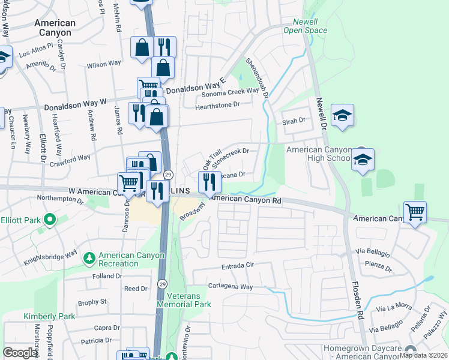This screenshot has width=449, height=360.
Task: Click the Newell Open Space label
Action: coord(305,25)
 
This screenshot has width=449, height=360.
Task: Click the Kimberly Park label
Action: coord(43,316)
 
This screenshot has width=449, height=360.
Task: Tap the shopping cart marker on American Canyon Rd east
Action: coord(415,212)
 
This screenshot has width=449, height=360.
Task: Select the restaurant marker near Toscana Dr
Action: coord(209,182)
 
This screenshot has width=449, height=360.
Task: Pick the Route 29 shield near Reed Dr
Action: coord(162,283)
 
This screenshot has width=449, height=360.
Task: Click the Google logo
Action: coord(20,353)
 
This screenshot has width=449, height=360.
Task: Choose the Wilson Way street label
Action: coord(104,64)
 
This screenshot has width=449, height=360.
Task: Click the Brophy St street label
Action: coord(91,301)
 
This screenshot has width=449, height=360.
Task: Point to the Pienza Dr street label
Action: coord(376,264)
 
